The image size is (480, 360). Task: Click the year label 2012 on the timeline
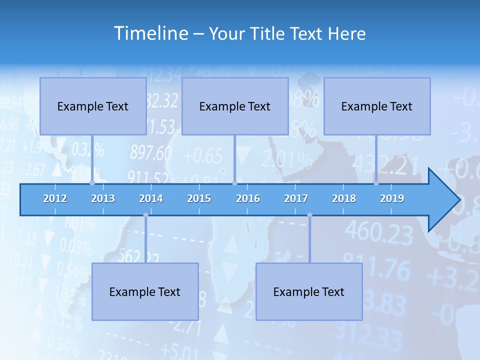(55, 198)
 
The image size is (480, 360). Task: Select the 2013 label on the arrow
(103, 198)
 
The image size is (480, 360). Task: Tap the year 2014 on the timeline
(151, 198)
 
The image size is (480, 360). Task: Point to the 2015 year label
(199, 198)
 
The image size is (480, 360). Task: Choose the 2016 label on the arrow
(248, 198)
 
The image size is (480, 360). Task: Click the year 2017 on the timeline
(296, 198)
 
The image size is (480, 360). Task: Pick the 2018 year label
(344, 198)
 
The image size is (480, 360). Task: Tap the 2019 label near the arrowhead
(392, 198)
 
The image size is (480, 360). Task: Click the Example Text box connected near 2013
(93, 106)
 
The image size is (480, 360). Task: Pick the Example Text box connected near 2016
(235, 106)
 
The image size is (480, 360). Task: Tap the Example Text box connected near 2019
(377, 106)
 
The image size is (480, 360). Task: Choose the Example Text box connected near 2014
(145, 291)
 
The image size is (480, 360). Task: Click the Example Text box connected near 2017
(309, 291)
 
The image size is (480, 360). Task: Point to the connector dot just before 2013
(92, 183)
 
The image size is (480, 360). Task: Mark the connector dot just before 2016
(234, 183)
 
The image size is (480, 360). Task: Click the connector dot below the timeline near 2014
(145, 215)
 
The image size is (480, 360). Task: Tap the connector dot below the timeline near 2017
(309, 215)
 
